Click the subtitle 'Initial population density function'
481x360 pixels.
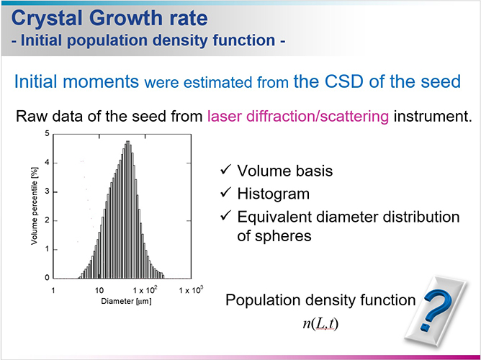coord(148,41)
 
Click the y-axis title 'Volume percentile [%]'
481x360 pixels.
coord(34,206)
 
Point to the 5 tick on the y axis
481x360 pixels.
coord(47,134)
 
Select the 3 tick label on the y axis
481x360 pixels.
coord(47,192)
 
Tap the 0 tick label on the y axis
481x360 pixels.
coord(47,278)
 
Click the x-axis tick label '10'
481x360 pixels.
coord(99,290)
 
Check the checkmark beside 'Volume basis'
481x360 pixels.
coord(225,171)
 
